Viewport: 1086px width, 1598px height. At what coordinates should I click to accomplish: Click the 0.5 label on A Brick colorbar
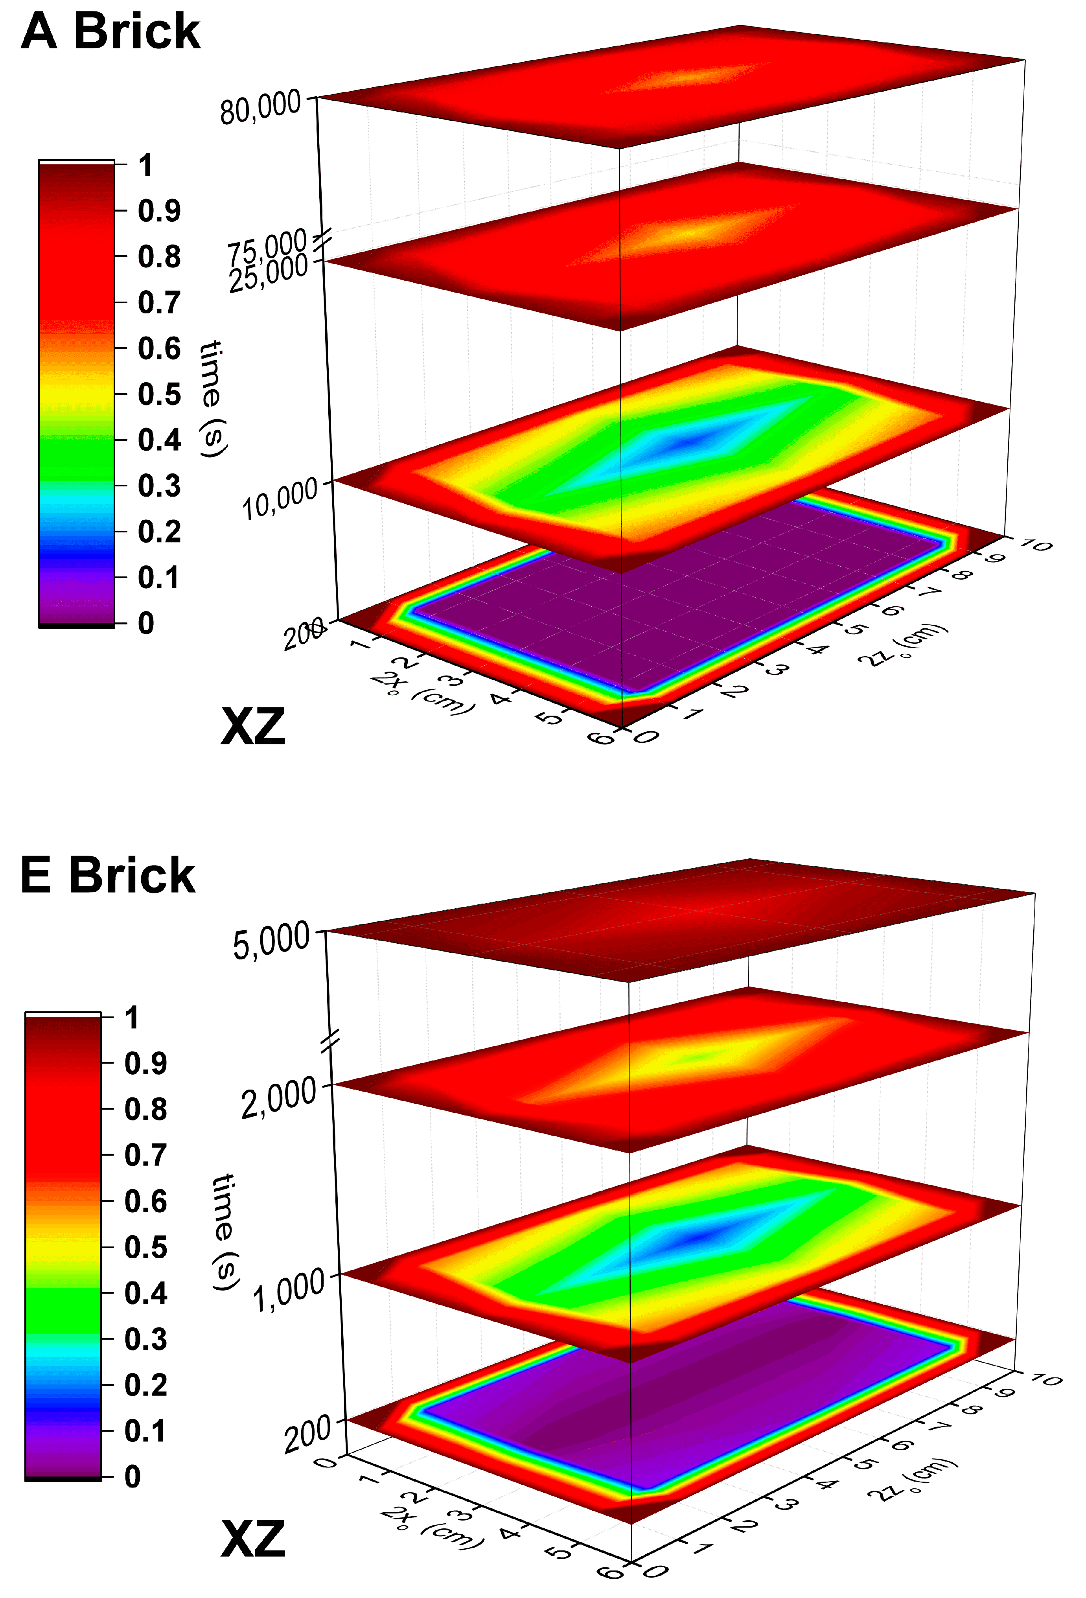coord(159,394)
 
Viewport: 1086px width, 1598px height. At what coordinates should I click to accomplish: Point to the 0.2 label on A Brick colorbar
coord(159,532)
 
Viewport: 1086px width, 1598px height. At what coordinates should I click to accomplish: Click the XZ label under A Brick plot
coord(252,727)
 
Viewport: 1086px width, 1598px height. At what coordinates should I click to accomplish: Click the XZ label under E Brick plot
coord(252,1539)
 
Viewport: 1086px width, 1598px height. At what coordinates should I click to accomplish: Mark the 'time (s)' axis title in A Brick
coord(213,399)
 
